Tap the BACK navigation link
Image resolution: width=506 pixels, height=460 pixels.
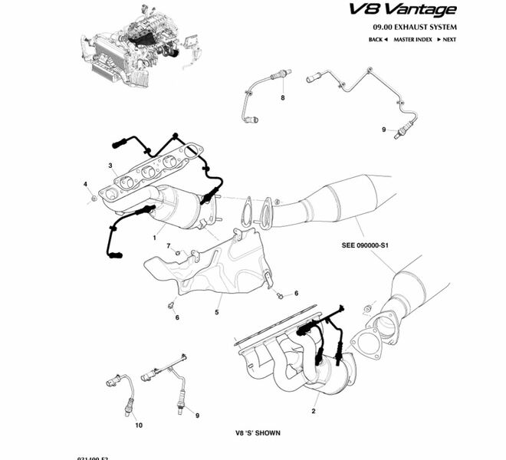pos(378,39)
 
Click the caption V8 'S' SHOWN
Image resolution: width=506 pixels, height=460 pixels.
pos(258,433)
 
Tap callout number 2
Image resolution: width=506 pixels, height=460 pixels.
pos(314,412)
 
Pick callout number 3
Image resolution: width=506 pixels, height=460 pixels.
pos(110,165)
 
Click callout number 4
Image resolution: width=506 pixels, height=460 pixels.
pos(86,185)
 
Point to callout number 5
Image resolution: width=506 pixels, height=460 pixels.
pos(217,311)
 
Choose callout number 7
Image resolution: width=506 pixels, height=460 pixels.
pos(168,246)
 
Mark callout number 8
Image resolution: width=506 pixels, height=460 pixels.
pos(282,100)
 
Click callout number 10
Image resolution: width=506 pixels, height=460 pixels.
pos(139,425)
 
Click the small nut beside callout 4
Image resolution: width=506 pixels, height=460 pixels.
pos(94,199)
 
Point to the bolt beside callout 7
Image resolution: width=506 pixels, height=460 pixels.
pos(177,252)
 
